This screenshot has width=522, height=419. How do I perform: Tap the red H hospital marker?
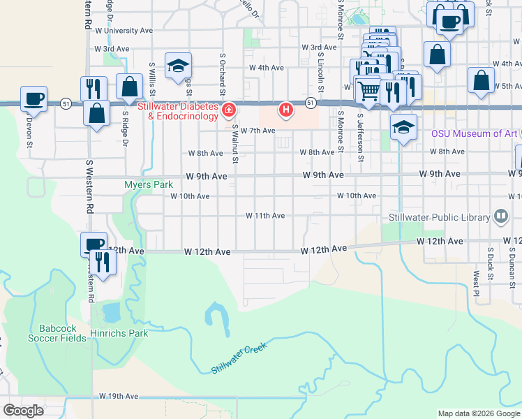pyautogui.click(x=285, y=110)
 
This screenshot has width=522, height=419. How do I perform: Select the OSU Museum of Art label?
pyautogui.click(x=474, y=133)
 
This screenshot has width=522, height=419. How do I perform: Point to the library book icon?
pyautogui.click(x=500, y=216)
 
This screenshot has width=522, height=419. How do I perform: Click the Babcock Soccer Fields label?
pyautogui.click(x=57, y=333)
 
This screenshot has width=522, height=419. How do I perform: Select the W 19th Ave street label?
pyautogui.click(x=119, y=396)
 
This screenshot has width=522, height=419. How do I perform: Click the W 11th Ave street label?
pyautogui.click(x=264, y=216)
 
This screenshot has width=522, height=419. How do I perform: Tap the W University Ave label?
pyautogui.click(x=124, y=31)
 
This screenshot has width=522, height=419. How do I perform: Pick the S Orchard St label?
pyautogui.click(x=223, y=73)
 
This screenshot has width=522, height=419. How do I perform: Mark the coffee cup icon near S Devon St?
pyautogui.click(x=33, y=99)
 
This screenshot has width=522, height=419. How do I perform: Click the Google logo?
pyautogui.click(x=23, y=411)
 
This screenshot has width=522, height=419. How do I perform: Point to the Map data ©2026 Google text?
pyautogui.click(x=479, y=413)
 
